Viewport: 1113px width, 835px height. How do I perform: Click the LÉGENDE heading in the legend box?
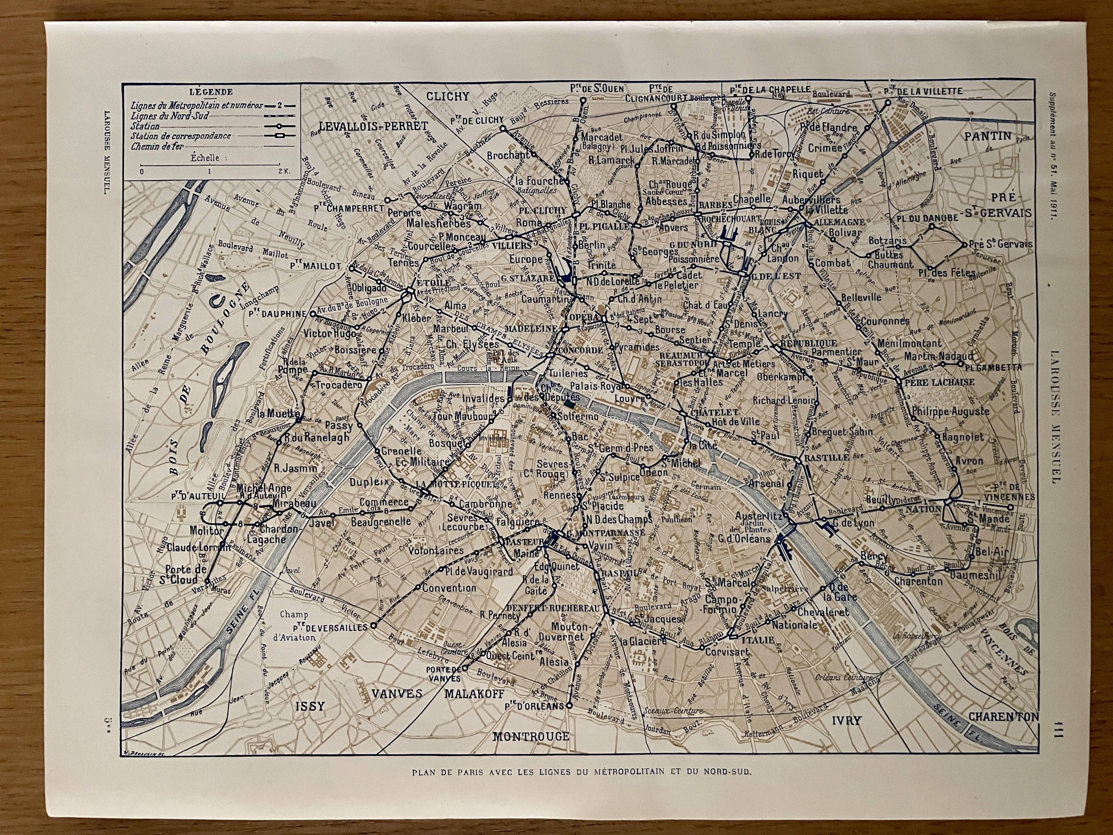pyautogui.click(x=211, y=92)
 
